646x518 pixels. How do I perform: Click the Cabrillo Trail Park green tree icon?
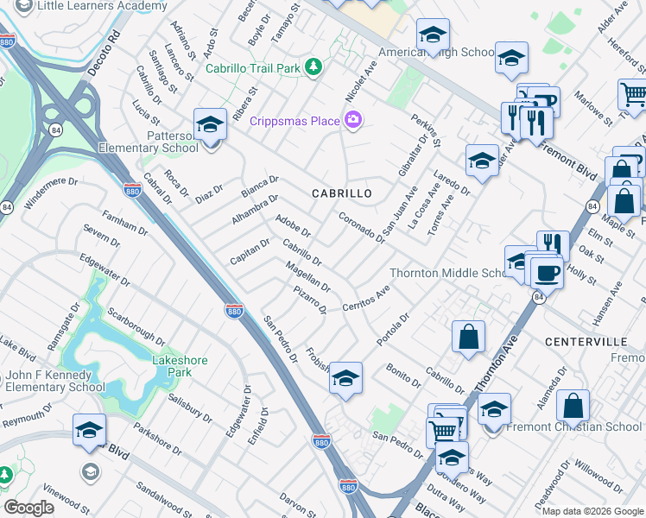[315, 66]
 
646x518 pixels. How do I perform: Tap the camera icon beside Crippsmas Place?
[352, 120]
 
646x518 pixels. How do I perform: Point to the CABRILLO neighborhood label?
[342, 193]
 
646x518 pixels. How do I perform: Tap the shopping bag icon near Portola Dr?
[467, 338]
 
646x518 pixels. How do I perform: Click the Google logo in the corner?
[28, 508]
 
